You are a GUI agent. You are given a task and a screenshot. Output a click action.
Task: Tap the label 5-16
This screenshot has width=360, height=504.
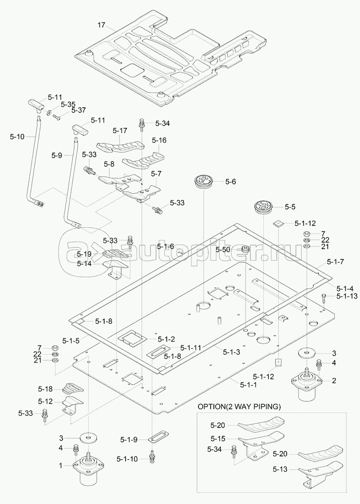click(x=159, y=140)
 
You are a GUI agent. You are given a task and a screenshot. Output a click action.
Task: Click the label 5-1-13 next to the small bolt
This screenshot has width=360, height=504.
click(x=345, y=296)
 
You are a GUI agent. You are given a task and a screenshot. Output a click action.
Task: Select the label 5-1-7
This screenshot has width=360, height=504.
click(x=335, y=262)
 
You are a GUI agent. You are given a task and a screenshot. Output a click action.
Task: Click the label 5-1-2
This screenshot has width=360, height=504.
click(x=166, y=339)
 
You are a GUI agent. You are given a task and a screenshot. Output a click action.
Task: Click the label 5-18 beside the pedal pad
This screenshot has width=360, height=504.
click(x=46, y=389)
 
